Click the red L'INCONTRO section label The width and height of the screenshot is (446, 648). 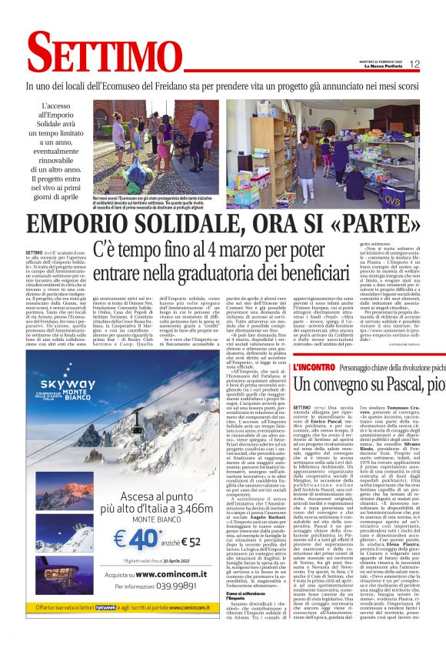pyautogui.click(x=314, y=367)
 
